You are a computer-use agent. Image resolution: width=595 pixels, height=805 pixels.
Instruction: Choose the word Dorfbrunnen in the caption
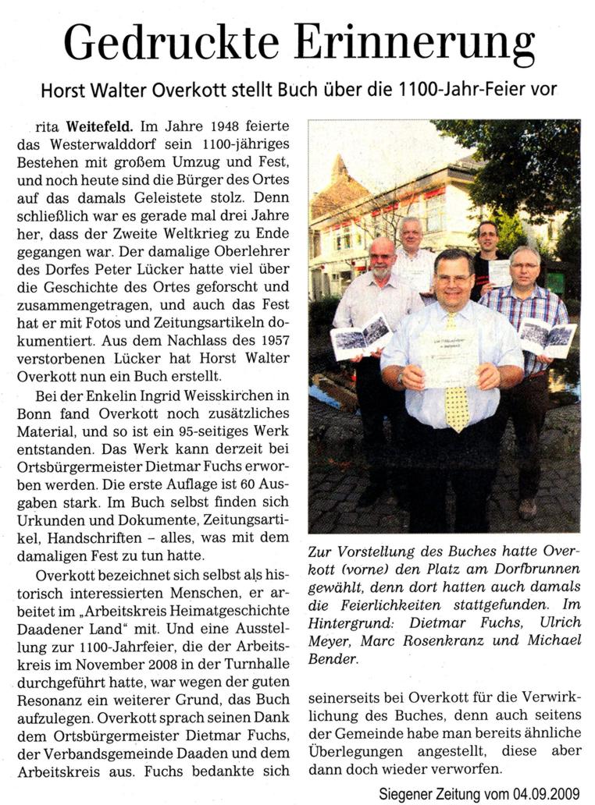pos(536,569)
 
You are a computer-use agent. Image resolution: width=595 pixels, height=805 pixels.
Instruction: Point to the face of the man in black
pos(487,238)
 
